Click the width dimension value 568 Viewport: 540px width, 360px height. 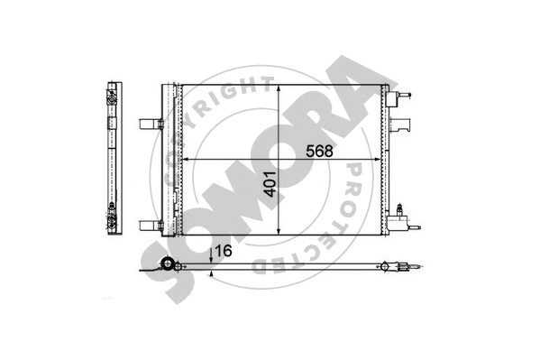(x=317, y=151)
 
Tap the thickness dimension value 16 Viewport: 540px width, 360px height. (x=224, y=251)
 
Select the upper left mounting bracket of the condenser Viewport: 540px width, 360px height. (x=150, y=124)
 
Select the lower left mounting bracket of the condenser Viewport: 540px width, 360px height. (x=150, y=226)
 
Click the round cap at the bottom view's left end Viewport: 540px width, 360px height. (x=167, y=265)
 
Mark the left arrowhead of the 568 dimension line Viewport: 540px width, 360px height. (x=186, y=160)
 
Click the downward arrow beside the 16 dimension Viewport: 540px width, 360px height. (x=210, y=256)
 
